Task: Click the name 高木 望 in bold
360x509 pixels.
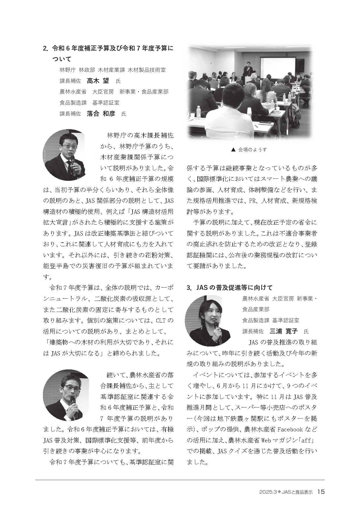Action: coord(98,81)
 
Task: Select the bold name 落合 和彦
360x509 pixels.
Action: coord(101,113)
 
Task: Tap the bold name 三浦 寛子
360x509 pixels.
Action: coord(283,331)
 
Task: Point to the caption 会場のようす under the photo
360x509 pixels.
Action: coord(252,150)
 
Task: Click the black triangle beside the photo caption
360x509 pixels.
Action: coord(233,150)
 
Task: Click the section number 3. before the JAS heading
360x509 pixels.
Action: coord(189,288)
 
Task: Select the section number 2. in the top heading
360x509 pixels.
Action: coord(45,48)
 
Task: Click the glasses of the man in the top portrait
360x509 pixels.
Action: coord(68,147)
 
